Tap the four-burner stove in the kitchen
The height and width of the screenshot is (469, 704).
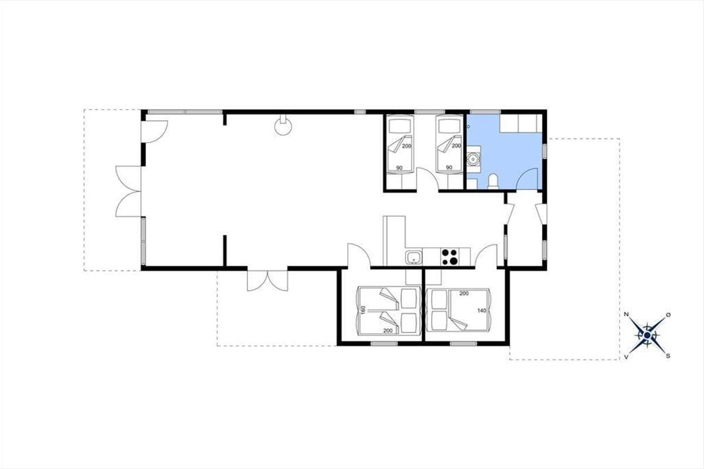click(x=449, y=257)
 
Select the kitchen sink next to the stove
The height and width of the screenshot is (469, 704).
click(x=414, y=257)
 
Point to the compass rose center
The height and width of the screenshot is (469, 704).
click(x=647, y=336)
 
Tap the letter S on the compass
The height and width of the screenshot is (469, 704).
click(x=668, y=356)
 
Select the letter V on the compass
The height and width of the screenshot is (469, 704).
click(x=626, y=357)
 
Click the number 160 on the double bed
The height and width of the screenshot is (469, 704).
click(x=363, y=310)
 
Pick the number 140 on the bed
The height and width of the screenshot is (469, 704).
click(x=482, y=311)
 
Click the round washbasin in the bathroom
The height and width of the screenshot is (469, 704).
click(x=473, y=159)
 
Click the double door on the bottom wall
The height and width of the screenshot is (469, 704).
click(x=268, y=280)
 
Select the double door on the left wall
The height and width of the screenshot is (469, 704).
click(x=128, y=191)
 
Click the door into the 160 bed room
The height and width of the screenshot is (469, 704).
click(x=359, y=256)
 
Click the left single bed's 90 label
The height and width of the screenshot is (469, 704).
click(x=399, y=168)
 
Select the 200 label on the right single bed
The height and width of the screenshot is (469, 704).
click(x=456, y=146)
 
